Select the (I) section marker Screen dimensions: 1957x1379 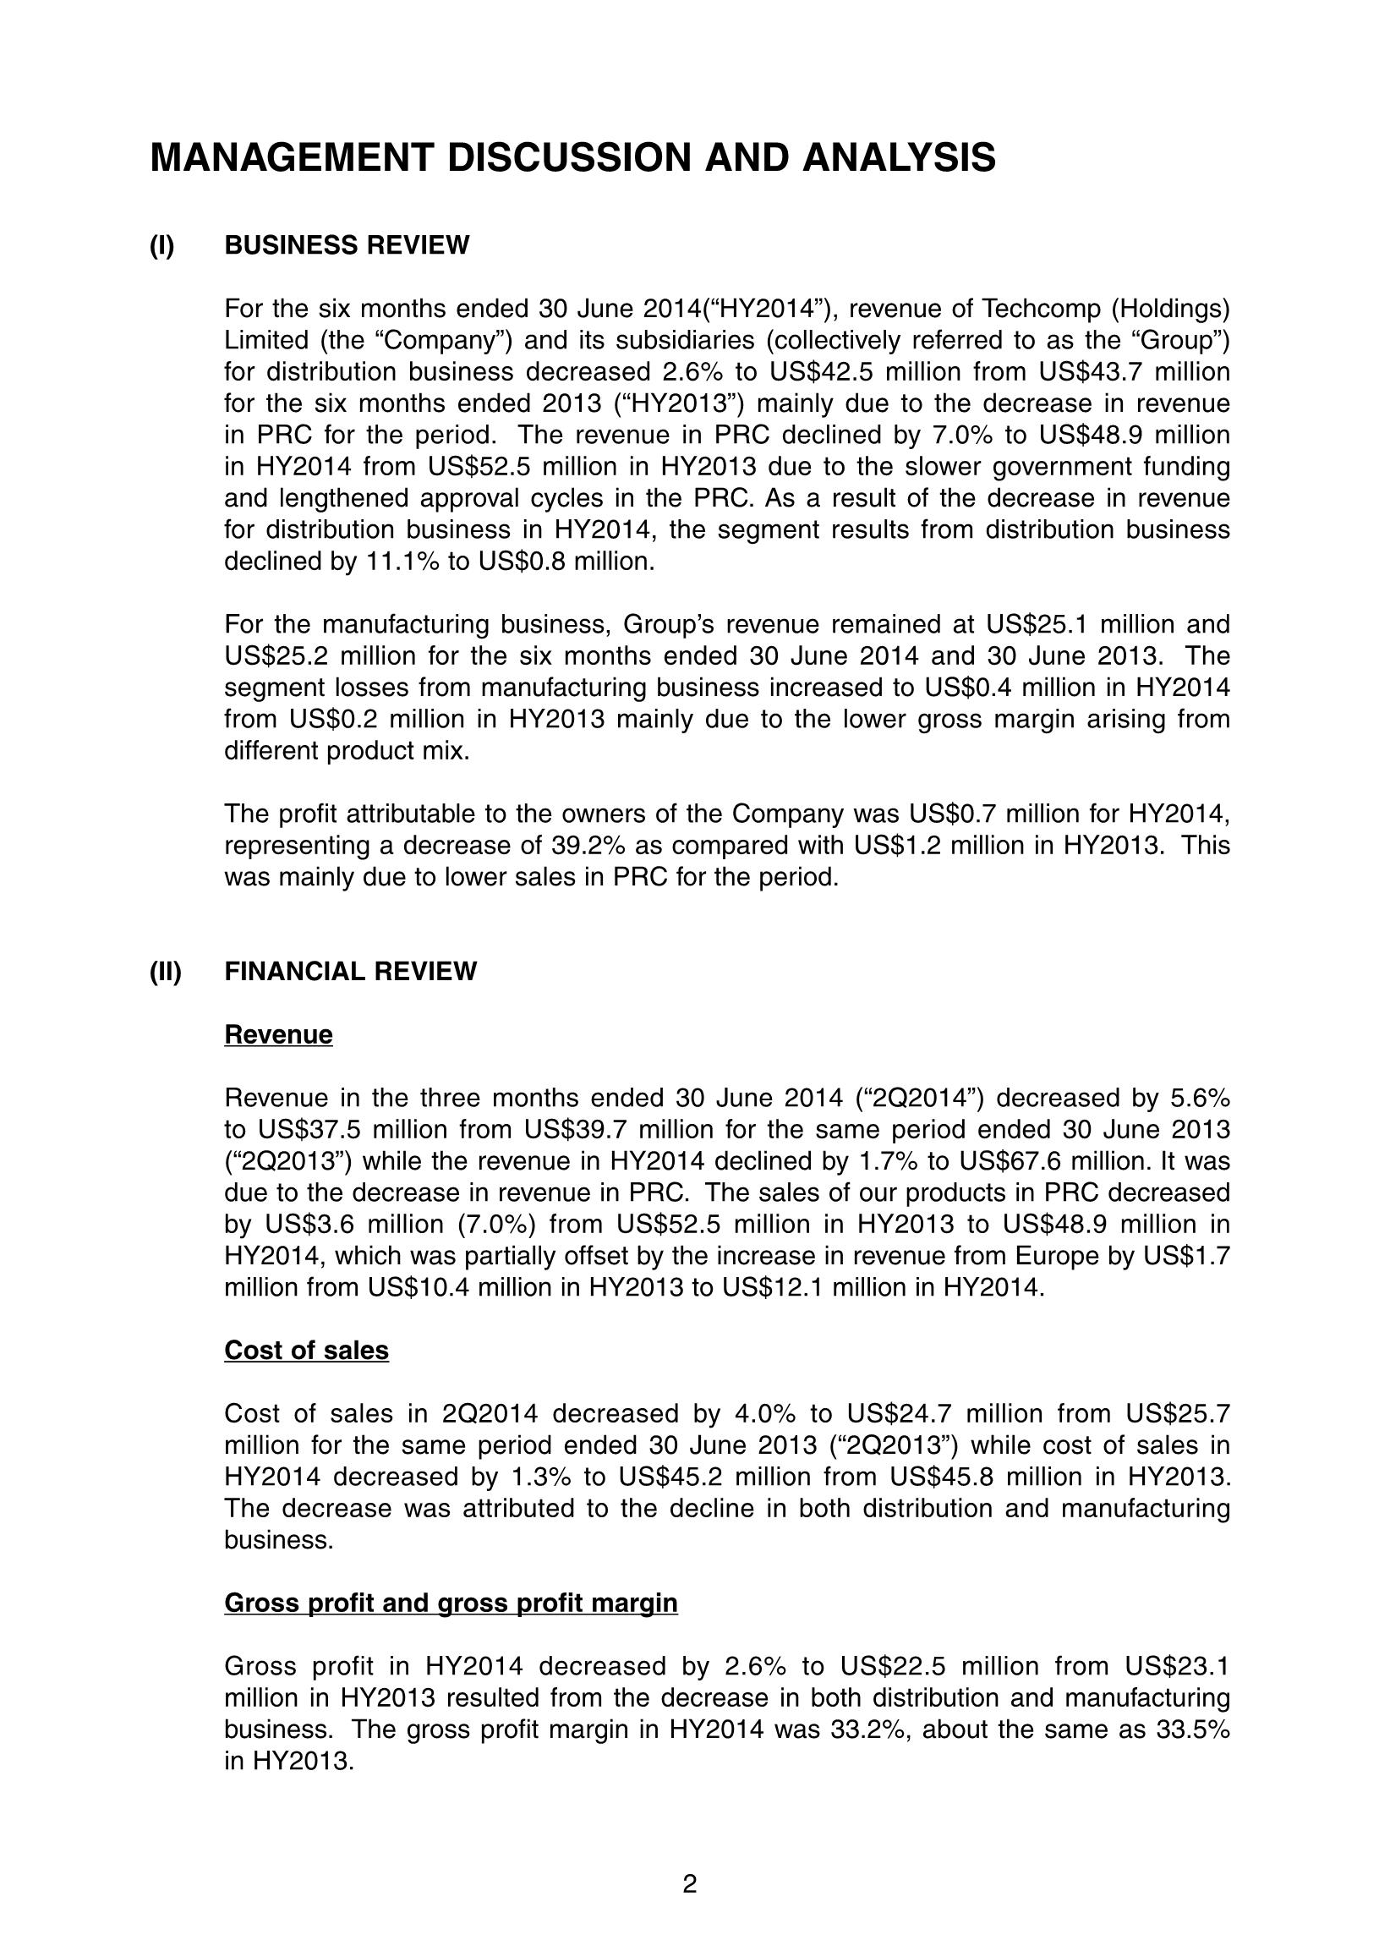(162, 245)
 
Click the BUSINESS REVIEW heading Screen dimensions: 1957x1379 (346, 245)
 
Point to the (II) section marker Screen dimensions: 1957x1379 (166, 972)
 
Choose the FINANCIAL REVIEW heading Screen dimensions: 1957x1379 (350, 972)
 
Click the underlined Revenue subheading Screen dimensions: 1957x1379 (278, 1035)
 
